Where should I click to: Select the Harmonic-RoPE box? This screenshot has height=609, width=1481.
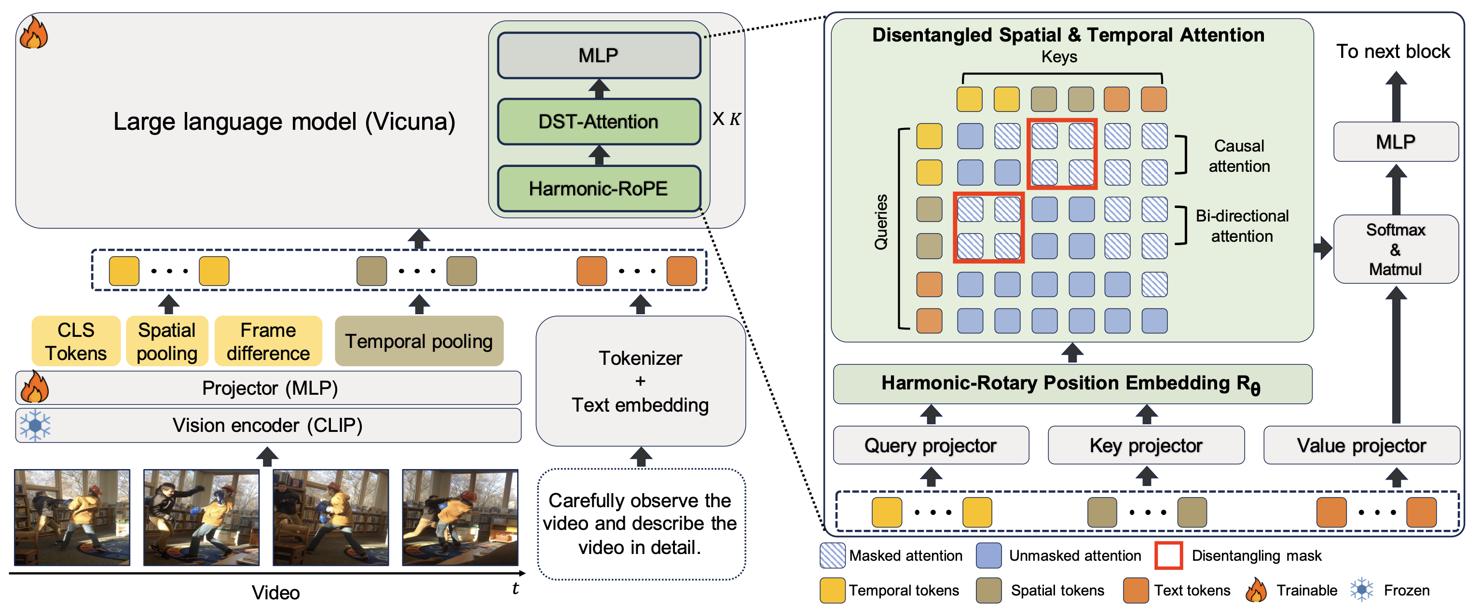coord(599,189)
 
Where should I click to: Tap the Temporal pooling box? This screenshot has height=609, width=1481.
coord(419,341)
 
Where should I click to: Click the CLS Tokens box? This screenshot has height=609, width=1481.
coord(76,341)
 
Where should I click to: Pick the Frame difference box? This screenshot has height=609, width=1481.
coord(268,341)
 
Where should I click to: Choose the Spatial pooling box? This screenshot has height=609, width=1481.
coord(167,341)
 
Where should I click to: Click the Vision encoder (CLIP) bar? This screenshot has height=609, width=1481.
coord(268,426)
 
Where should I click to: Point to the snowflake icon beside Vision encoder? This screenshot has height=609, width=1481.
coord(35,426)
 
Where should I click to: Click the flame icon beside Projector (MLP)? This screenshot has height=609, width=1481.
coord(35,387)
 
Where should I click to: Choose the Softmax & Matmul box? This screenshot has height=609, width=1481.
coord(1395,249)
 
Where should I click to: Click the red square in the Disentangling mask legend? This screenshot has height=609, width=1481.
coord(1168,555)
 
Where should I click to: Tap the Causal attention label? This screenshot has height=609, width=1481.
coord(1239,156)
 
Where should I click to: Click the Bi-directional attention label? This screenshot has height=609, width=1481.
coord(1242,226)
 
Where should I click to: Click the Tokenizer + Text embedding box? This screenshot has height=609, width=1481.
coord(641,381)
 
